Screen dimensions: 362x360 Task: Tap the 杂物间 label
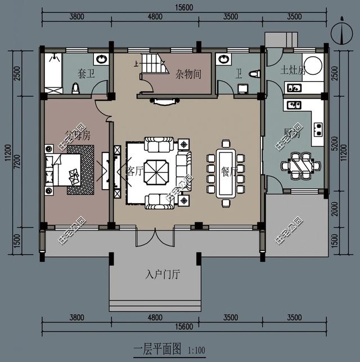click(188, 74)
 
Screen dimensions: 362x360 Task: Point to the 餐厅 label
click(229, 171)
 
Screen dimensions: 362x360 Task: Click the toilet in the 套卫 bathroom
click(75, 88)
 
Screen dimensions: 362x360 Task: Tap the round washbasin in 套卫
click(101, 59)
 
